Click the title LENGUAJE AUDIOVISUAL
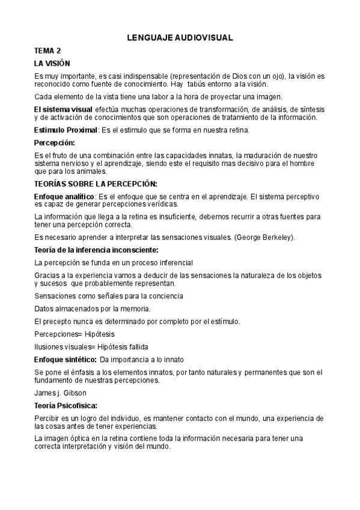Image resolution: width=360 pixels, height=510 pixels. (180, 38)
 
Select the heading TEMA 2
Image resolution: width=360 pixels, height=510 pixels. (47, 51)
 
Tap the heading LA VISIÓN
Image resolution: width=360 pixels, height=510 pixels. (52, 63)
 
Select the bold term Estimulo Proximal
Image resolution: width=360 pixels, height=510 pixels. (66, 130)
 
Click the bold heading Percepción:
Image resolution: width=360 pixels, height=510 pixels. (55, 143)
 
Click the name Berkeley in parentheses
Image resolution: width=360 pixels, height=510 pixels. (275, 237)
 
